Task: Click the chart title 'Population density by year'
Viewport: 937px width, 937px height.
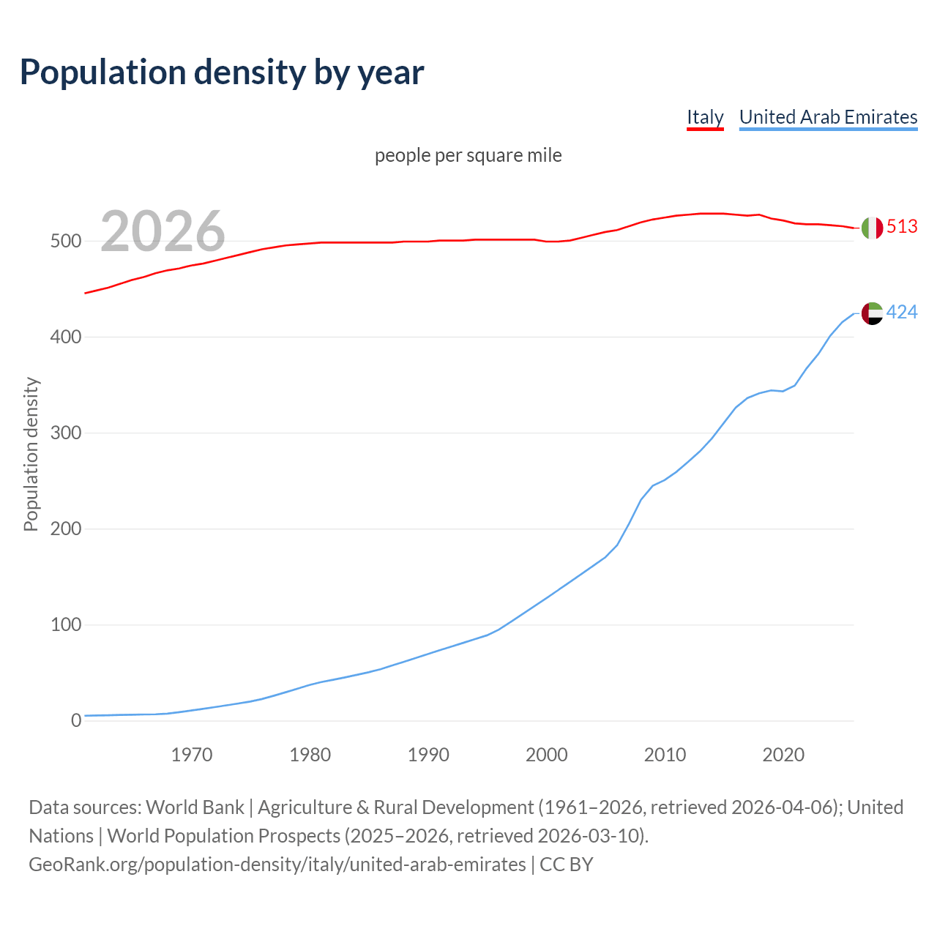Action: pos(222,72)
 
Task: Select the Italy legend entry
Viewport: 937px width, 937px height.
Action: pos(704,117)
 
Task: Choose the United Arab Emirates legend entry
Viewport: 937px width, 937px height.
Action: pos(828,117)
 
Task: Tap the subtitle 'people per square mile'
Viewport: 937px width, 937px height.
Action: pos(468,155)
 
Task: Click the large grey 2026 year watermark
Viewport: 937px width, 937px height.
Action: pos(163,231)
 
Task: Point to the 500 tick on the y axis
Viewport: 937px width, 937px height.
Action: pos(66,242)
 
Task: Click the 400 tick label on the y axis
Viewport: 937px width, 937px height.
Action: pos(66,337)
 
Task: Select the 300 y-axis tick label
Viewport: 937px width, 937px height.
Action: pos(66,433)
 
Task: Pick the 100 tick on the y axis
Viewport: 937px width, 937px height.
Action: pos(66,625)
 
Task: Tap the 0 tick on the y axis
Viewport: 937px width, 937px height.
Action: pos(76,721)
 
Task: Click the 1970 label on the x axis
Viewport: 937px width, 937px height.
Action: pos(192,755)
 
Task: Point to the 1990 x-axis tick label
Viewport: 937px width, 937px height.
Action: pos(428,755)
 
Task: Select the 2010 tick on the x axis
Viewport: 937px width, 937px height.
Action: pos(665,755)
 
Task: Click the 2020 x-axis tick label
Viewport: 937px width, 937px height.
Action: pos(783,755)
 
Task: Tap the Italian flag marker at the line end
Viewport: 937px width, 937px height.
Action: pos(872,228)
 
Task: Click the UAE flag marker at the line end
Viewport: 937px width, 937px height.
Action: pos(872,313)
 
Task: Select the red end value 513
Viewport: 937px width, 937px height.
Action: pos(902,227)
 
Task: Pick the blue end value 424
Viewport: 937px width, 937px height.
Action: pos(902,313)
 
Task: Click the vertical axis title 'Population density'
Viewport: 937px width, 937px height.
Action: pos(31,454)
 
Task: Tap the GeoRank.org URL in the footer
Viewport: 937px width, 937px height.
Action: pos(277,865)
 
